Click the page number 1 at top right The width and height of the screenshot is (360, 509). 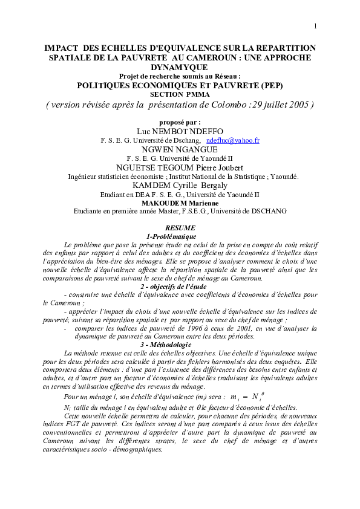pyautogui.click(x=315, y=26)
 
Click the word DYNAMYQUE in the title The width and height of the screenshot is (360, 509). pyautogui.click(x=180, y=68)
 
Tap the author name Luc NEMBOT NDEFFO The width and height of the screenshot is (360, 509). pyautogui.click(x=179, y=131)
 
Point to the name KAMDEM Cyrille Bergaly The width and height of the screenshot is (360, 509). pyautogui.click(x=180, y=186)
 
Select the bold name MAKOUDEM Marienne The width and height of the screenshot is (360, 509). pyautogui.click(x=180, y=203)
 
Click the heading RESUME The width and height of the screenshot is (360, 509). pyautogui.click(x=180, y=227)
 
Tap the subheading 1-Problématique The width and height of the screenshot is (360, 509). pyautogui.click(x=180, y=235)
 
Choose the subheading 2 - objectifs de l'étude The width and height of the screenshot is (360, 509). pyautogui.click(x=180, y=285)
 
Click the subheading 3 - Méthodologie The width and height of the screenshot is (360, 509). pyautogui.click(x=180, y=344)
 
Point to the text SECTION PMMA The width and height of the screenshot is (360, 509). pyautogui.click(x=180, y=94)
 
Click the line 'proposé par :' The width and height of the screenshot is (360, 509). pyautogui.click(x=180, y=122)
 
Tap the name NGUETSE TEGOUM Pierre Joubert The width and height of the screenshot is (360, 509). pyautogui.click(x=180, y=167)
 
